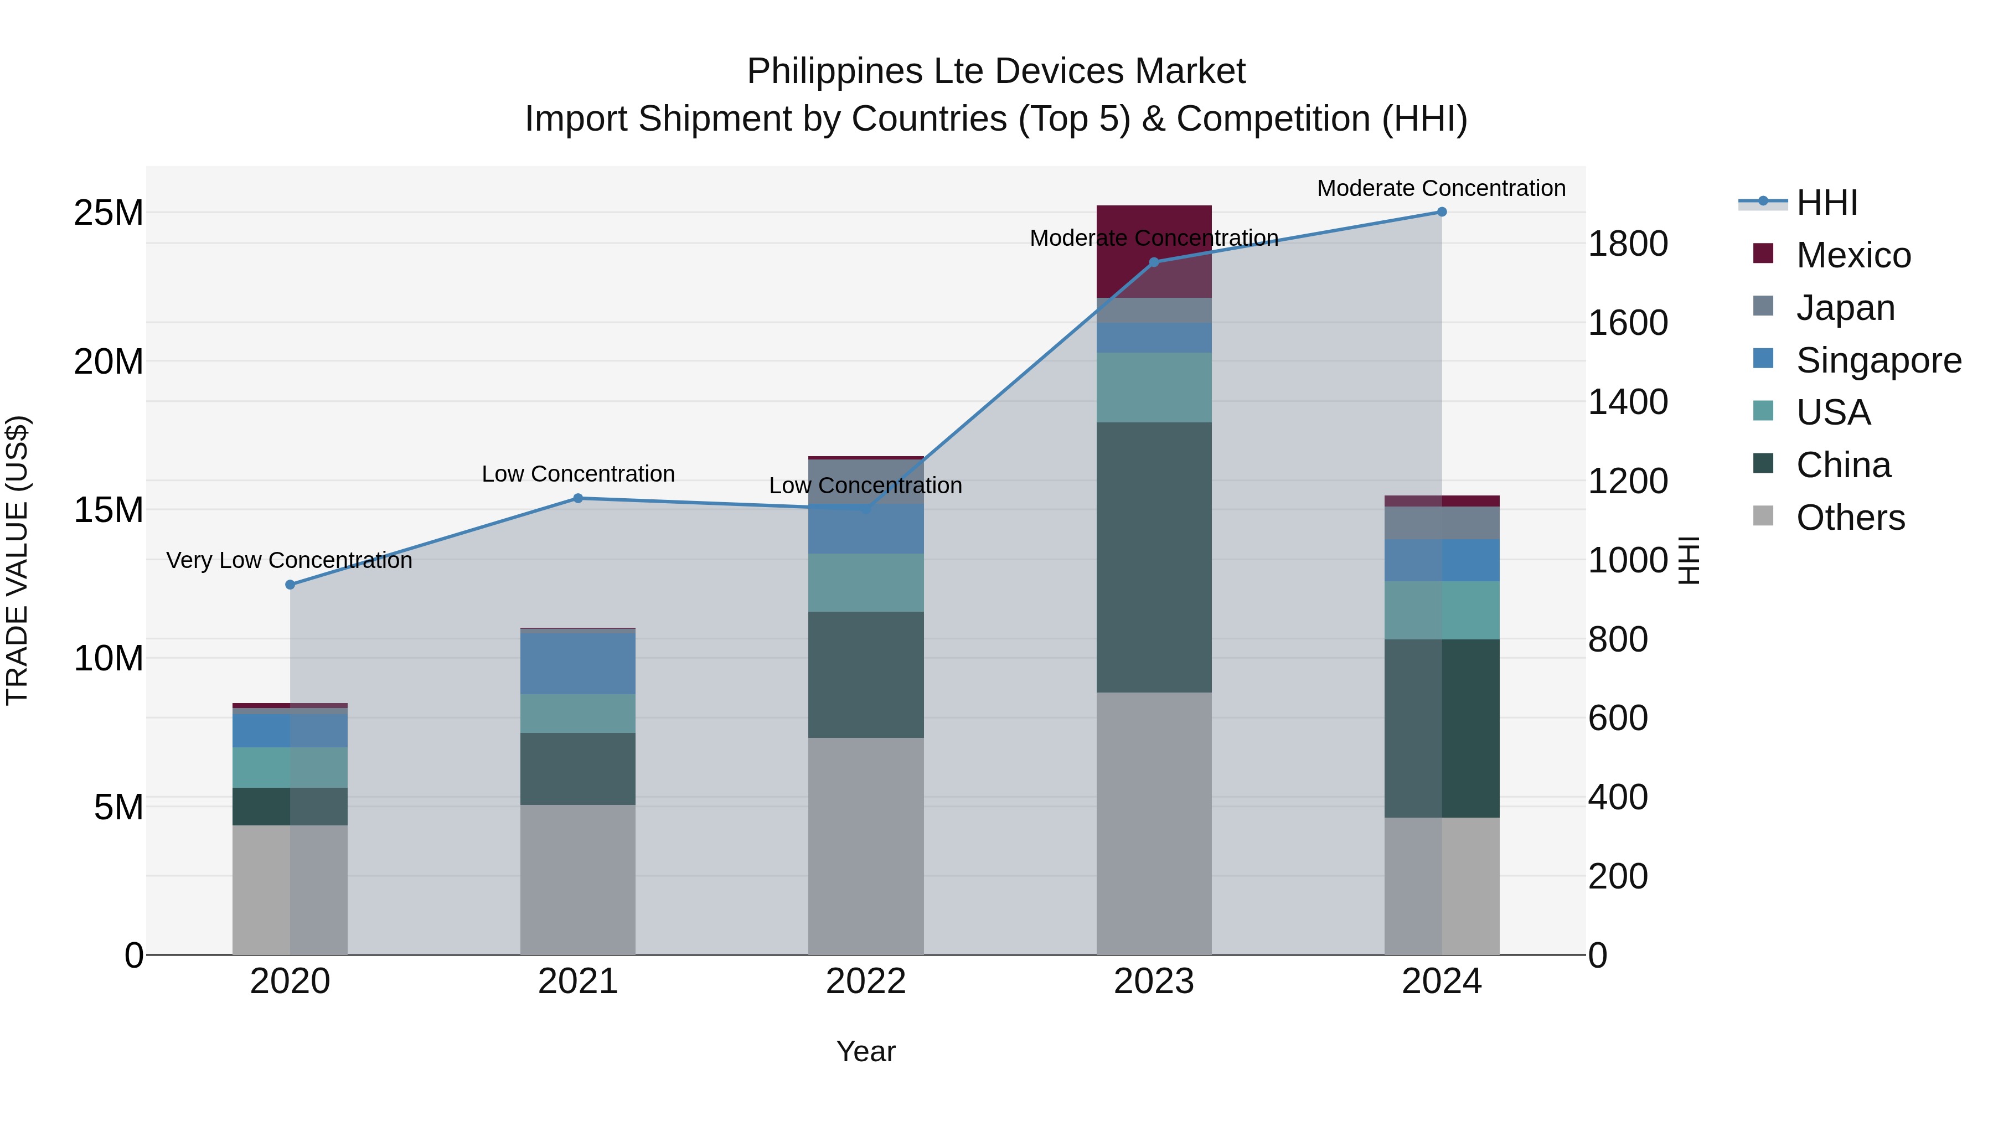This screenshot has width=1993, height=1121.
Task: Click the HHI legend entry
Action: click(x=1826, y=203)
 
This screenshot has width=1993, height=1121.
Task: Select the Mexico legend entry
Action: click(x=1853, y=255)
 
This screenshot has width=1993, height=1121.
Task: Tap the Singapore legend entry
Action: click(x=1878, y=360)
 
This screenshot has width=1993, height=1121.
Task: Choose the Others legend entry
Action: click(x=1850, y=518)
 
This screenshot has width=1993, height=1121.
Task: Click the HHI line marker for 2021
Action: click(x=578, y=498)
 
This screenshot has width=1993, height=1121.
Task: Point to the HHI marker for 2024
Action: click(x=1442, y=212)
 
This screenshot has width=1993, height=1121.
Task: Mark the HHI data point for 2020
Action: click(x=290, y=585)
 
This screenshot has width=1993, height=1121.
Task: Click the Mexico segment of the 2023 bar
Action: click(x=1154, y=232)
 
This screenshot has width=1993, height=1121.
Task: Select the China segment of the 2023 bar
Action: click(x=1154, y=557)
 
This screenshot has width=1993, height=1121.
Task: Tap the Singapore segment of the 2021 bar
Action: click(x=578, y=664)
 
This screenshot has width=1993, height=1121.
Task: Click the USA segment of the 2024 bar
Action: click(x=1442, y=611)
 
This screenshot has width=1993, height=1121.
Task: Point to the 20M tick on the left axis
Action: click(x=109, y=361)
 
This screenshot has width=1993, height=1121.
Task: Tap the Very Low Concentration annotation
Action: click(x=290, y=560)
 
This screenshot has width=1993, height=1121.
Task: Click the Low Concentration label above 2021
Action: click(x=578, y=473)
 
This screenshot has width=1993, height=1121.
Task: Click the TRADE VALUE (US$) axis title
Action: click(x=17, y=560)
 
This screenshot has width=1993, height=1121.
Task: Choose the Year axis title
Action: click(x=866, y=1051)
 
